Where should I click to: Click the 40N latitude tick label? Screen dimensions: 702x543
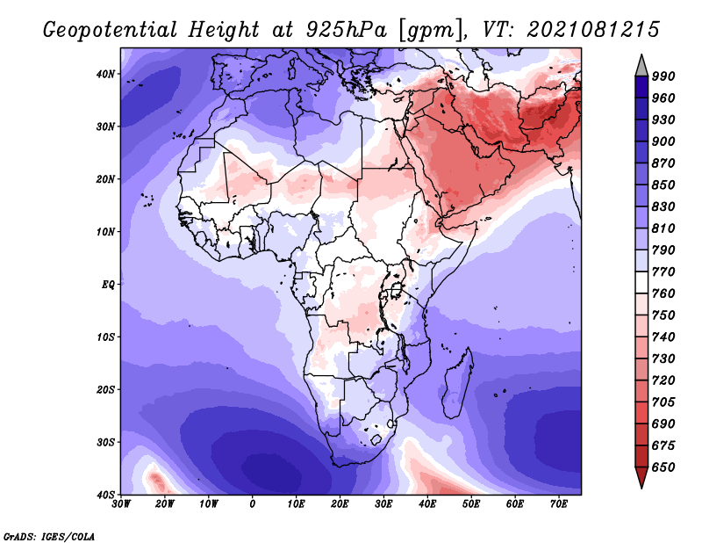point(105,74)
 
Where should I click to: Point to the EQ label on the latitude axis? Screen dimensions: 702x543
point(108,285)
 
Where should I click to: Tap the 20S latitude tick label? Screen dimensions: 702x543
point(105,389)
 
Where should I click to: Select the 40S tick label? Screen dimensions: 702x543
point(105,495)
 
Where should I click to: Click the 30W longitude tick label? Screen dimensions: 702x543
point(121,504)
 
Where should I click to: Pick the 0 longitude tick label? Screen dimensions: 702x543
point(253,504)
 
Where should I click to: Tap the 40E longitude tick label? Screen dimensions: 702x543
point(427,504)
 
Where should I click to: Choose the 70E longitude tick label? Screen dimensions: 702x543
point(559,504)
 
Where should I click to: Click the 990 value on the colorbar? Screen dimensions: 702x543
point(663,76)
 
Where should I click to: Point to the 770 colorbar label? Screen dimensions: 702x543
point(663,271)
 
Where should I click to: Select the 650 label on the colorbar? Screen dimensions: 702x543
point(663,467)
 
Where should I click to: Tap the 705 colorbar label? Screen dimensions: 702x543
point(663,402)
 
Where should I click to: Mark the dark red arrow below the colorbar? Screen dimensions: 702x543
point(641,476)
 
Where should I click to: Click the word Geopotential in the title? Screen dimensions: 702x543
point(111,31)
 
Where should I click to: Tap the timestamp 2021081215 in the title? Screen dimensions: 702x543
point(593,30)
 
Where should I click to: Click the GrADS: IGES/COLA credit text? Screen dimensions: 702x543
point(49,536)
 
